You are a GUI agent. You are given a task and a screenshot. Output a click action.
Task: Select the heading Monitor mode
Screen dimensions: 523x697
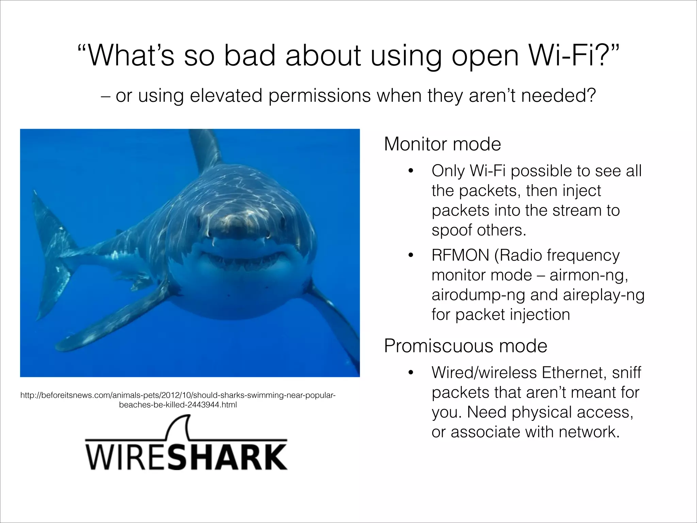[x=442, y=144]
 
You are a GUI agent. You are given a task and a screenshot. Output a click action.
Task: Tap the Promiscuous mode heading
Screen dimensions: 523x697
[x=465, y=346]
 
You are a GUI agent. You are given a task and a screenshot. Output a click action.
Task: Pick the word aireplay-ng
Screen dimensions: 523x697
[x=604, y=295]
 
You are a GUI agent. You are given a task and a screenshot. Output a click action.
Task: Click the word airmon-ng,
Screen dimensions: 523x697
[x=589, y=275]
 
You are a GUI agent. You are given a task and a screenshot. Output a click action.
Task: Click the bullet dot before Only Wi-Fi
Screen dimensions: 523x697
[x=411, y=171]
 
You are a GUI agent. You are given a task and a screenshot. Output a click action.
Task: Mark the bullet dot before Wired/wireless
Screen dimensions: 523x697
[x=411, y=373]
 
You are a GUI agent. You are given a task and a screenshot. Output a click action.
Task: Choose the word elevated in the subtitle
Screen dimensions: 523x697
[x=226, y=96]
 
